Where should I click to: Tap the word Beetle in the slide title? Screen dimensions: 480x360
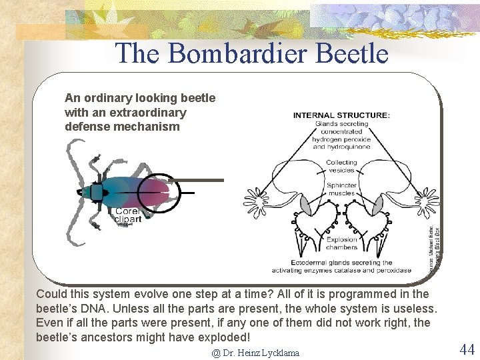353,53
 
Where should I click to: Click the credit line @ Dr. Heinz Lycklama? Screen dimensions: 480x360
255,353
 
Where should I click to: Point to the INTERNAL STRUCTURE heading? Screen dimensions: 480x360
341,115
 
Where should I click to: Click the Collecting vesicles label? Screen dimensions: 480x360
341,166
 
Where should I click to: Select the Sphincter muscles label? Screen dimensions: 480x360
341,189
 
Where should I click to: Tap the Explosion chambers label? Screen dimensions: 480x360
341,243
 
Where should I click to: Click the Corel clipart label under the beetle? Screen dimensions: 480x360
128,215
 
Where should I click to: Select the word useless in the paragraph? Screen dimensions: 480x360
413,309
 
